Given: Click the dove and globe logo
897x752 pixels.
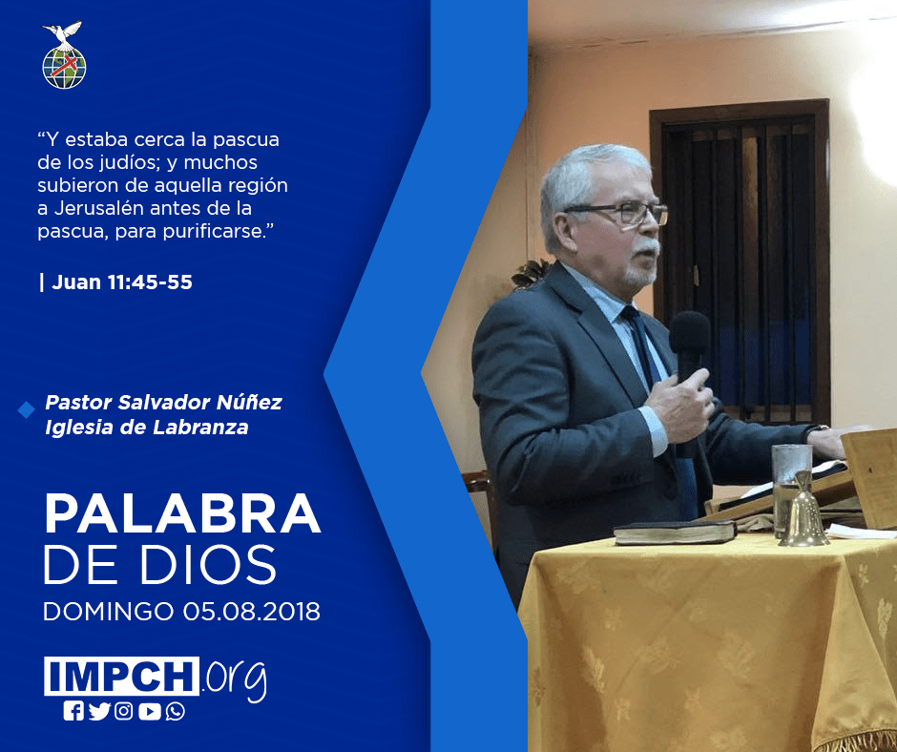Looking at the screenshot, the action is pyautogui.click(x=64, y=55).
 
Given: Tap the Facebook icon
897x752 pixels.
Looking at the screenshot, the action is pyautogui.click(x=73, y=711).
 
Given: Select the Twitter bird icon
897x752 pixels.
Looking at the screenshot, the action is pyautogui.click(x=99, y=711).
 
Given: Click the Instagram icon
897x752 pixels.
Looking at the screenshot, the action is pyautogui.click(x=123, y=711).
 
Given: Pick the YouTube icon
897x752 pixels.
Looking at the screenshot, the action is pyautogui.click(x=149, y=711).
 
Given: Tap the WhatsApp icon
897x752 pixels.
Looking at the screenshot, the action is pyautogui.click(x=175, y=711).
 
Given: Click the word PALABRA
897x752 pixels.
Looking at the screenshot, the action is pyautogui.click(x=182, y=514).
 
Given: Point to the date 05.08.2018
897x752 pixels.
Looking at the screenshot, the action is pyautogui.click(x=252, y=611).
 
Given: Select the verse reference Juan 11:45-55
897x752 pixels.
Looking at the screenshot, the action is pyautogui.click(x=122, y=282).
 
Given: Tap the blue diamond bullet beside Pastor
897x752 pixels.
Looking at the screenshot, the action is pyautogui.click(x=27, y=409).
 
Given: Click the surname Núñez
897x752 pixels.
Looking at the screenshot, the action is pyautogui.click(x=249, y=402).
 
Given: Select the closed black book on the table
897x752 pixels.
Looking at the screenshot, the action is pyautogui.click(x=675, y=533).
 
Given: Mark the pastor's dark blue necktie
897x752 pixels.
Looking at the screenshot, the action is pyautogui.click(x=657, y=401).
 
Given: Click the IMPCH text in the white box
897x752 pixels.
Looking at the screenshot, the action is pyautogui.click(x=121, y=676).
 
